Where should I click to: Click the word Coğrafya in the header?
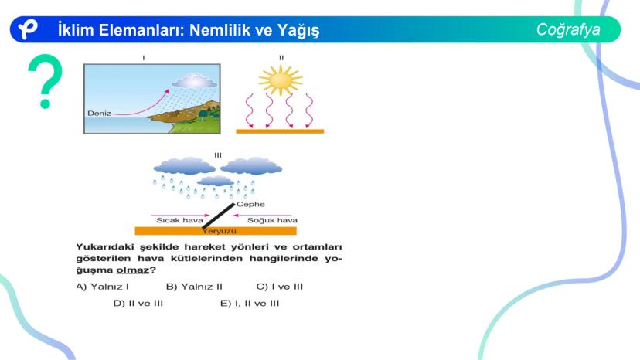point(568,30)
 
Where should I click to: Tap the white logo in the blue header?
point(27,29)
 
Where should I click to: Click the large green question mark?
point(46,81)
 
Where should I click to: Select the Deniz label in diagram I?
point(99,113)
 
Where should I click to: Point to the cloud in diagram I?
point(194,81)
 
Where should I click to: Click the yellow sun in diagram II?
point(281,80)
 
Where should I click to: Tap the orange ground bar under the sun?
point(280,131)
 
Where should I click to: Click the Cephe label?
point(250,204)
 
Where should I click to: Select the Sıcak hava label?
point(179,220)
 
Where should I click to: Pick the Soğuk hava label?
point(272,220)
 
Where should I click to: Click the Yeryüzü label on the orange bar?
point(220,231)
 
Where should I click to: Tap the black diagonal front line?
point(219,216)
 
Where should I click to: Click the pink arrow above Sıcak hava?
point(180,215)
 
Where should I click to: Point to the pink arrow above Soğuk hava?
point(263,215)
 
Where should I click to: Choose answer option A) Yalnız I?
point(103,287)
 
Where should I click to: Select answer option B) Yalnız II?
point(194,287)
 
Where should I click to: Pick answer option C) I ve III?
point(280,287)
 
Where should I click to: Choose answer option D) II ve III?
point(138,304)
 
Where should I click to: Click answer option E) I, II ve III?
point(250,304)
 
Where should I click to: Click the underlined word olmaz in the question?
point(133,270)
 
